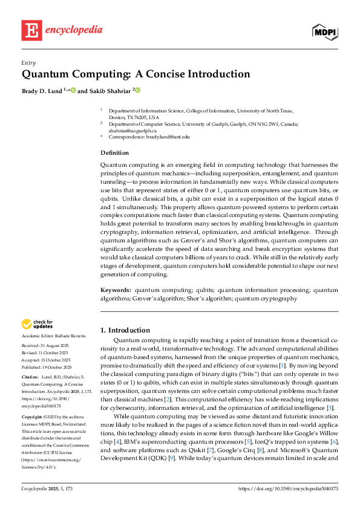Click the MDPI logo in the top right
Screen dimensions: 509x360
coord(325,31)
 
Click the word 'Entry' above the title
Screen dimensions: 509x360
coord(28,62)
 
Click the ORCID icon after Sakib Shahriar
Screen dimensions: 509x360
coord(137,91)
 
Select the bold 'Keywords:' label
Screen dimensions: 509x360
coord(116,291)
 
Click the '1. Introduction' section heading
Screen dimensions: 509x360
coord(125,330)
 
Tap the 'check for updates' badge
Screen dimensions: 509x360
coord(37,325)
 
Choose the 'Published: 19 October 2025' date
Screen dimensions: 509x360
coord(46,367)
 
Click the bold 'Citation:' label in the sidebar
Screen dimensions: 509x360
coord(30,377)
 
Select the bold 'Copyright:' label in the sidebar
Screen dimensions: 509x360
coord(32,417)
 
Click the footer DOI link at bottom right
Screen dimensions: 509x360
coord(289,487)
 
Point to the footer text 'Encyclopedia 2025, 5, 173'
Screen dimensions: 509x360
coord(47,487)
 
